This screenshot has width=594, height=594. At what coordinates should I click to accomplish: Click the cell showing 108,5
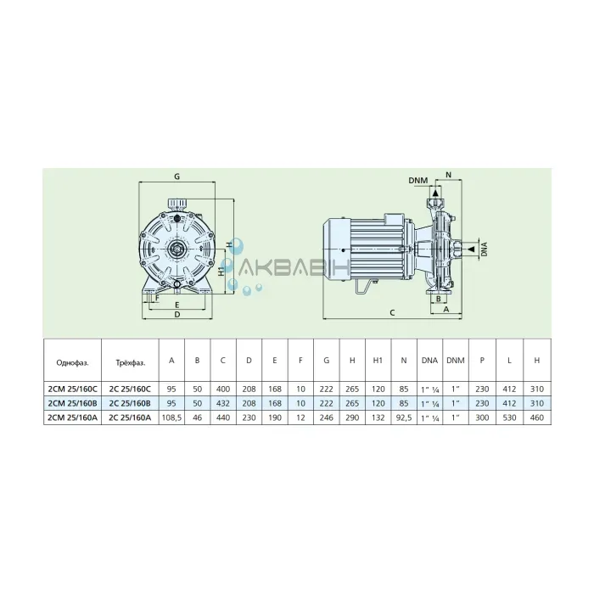click(x=171, y=417)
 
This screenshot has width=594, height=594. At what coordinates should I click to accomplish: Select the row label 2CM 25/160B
click(x=71, y=403)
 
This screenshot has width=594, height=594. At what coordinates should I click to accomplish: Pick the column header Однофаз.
click(x=71, y=361)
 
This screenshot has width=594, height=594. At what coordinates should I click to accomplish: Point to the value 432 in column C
click(x=222, y=403)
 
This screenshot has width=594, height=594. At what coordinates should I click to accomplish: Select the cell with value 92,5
click(x=404, y=417)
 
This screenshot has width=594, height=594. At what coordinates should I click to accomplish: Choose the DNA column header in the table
click(x=429, y=361)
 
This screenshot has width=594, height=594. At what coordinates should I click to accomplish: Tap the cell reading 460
click(x=537, y=417)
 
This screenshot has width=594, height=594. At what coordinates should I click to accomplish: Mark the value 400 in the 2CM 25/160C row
click(x=222, y=389)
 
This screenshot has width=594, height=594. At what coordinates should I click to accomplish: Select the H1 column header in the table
click(x=378, y=361)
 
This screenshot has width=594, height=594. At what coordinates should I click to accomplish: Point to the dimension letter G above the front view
click(x=177, y=177)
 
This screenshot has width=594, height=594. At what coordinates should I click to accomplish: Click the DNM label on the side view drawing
click(x=417, y=182)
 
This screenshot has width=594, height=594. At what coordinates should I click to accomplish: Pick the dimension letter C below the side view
click(x=391, y=313)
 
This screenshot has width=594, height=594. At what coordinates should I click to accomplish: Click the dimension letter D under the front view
click(x=177, y=314)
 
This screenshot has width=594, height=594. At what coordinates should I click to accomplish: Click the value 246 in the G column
click(x=326, y=417)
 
